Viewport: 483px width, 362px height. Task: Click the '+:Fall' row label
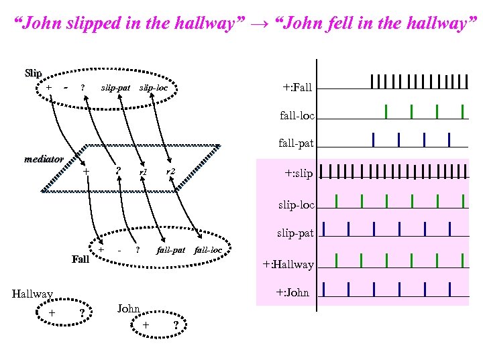(297, 87)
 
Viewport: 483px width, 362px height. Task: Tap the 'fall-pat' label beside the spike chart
(296, 143)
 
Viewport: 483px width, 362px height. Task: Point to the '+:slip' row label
(299, 173)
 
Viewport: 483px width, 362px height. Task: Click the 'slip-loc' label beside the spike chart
(296, 204)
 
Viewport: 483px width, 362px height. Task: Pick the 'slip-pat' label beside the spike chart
(296, 233)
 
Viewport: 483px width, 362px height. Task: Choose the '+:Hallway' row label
(288, 264)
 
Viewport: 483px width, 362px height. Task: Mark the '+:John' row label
(292, 292)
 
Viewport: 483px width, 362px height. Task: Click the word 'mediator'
(44, 160)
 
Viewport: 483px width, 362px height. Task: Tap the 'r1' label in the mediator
(142, 173)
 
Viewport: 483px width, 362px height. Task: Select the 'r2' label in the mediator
(170, 172)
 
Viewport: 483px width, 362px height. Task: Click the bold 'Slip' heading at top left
(33, 72)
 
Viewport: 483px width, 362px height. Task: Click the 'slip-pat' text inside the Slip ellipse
(115, 88)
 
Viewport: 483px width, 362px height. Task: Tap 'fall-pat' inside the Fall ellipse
(170, 250)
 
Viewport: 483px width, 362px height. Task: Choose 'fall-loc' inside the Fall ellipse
(207, 250)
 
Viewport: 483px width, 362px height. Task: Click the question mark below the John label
(175, 326)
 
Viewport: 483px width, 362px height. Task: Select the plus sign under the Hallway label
(52, 312)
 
